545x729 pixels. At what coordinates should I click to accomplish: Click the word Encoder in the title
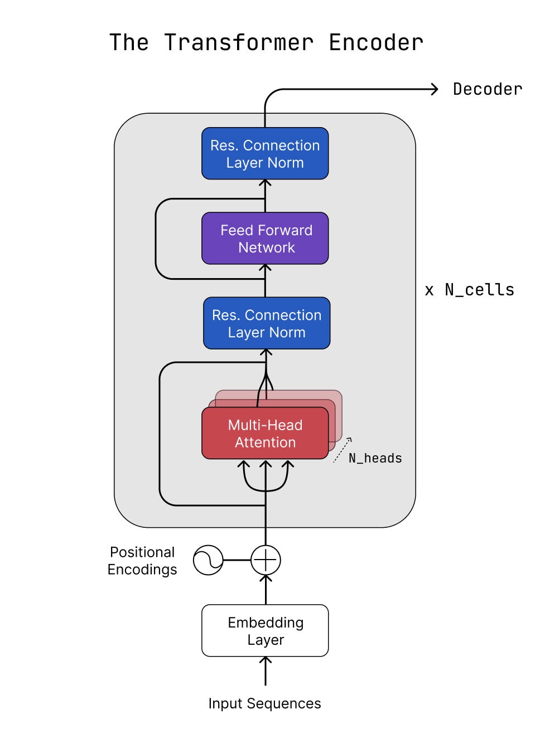point(376,43)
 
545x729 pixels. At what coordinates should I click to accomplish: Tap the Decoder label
point(488,89)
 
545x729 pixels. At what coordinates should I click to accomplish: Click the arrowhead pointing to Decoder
point(434,89)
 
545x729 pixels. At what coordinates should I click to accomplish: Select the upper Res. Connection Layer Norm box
point(265,154)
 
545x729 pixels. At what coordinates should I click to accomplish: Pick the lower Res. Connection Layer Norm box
point(267,323)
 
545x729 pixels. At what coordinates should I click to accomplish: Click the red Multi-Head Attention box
point(265,434)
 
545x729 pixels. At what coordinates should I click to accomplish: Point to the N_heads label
point(375,458)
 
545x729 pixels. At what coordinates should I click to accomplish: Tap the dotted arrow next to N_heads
point(343,450)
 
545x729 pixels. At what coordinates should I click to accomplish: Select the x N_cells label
point(469,290)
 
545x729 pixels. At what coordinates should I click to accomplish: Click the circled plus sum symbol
point(266,560)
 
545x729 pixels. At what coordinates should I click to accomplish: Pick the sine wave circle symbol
point(208,560)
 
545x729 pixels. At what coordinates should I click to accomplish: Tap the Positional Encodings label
point(142,561)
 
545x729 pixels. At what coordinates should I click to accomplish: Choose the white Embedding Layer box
point(265,631)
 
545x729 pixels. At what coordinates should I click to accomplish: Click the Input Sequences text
point(264,703)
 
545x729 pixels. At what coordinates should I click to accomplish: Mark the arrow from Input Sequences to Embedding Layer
point(266,671)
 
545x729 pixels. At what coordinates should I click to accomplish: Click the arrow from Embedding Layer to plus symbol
point(266,590)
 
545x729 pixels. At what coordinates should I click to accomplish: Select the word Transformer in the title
point(239,43)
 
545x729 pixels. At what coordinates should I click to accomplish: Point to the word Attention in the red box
point(265,443)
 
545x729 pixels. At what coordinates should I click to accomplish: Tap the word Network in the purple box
point(266,247)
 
